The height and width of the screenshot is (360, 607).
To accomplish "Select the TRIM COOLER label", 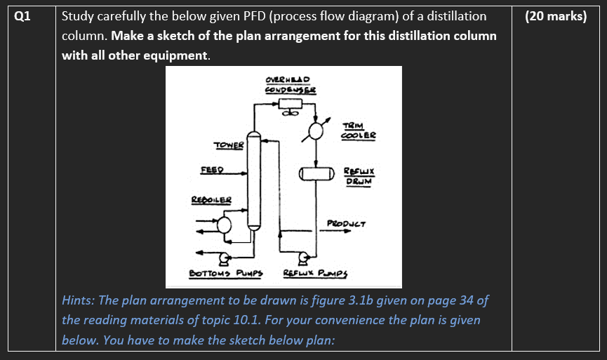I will point(359,130).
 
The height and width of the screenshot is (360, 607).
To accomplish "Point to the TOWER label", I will point(229,145).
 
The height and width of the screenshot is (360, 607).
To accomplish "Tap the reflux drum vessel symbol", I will point(315,174).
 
